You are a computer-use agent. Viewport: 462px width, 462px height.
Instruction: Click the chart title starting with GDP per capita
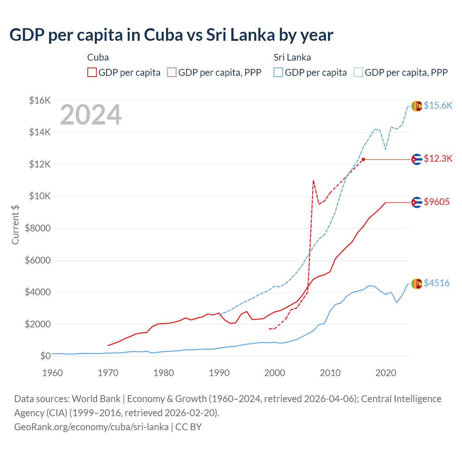tap(171, 35)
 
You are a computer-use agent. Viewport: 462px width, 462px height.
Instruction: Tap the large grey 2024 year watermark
tap(91, 115)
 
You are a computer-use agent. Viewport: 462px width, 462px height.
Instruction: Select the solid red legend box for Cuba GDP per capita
tap(92, 72)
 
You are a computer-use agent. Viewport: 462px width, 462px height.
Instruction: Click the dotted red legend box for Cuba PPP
tap(172, 72)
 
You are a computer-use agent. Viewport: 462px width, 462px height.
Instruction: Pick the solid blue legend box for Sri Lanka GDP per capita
tap(278, 72)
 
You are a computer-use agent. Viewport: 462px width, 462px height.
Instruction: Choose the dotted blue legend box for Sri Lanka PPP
tap(358, 72)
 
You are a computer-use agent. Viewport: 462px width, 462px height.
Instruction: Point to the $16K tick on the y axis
tap(40, 100)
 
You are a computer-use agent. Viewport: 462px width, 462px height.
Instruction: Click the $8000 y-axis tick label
tap(38, 228)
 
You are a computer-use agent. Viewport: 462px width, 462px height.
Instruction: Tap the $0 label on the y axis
tap(45, 356)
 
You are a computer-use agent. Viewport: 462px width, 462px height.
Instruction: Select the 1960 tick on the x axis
tap(53, 373)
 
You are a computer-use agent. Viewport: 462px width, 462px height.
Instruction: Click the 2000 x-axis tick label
tap(275, 373)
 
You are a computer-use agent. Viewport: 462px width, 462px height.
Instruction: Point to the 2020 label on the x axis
tap(386, 373)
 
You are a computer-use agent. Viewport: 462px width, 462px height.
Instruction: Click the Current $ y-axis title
tap(15, 225)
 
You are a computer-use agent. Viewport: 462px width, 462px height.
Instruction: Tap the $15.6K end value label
tap(438, 105)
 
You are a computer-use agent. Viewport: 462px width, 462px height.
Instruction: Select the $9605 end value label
tap(436, 202)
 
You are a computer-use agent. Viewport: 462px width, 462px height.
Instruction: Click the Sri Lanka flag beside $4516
tap(417, 284)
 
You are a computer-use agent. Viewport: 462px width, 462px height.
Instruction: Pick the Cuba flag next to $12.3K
tap(417, 159)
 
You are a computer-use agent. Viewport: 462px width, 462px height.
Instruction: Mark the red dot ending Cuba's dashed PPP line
tap(363, 159)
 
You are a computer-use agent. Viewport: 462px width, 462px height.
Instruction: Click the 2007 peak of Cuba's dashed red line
tap(313, 180)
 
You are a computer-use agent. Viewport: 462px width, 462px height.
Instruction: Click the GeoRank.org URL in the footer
tap(91, 427)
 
